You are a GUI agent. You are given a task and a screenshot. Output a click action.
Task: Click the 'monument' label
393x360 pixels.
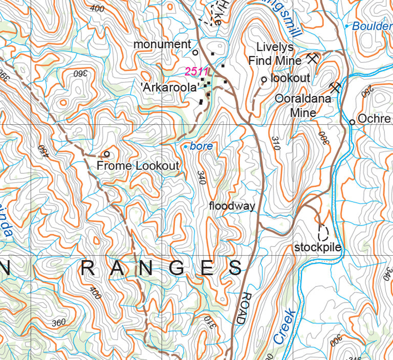pos(162,44)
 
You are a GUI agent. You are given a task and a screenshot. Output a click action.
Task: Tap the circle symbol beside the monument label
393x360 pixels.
pos(195,52)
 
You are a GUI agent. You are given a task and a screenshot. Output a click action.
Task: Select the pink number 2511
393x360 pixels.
pos(196,71)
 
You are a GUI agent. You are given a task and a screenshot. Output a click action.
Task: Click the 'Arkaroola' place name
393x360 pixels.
pos(169,87)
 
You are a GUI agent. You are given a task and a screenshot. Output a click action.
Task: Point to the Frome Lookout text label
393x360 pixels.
pos(138,166)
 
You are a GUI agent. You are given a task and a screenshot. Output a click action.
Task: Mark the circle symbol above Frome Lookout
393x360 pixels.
pos(107,153)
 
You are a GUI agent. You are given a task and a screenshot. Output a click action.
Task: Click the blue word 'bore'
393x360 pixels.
pos(201,146)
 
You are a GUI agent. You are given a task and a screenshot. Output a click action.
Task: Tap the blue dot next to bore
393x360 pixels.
pos(186,146)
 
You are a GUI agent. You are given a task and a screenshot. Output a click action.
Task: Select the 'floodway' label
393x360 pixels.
pos(232,206)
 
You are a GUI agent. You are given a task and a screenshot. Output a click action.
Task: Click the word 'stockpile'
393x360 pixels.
pos(317,247)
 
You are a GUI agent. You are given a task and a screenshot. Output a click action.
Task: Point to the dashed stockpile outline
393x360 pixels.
pos(323,233)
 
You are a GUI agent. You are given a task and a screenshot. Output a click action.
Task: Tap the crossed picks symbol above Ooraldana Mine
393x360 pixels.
pos(336,86)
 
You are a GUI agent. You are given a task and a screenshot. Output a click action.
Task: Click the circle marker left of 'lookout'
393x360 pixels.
pos(264,79)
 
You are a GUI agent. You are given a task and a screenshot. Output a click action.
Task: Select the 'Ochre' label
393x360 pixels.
pos(374,119)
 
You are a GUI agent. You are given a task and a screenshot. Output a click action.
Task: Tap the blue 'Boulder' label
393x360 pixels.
pos(372,26)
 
